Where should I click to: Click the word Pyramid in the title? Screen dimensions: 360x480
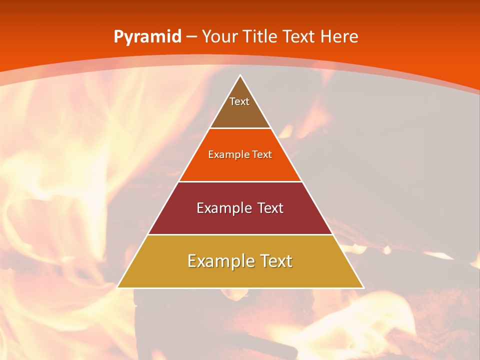147,37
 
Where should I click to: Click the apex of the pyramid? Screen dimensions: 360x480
240,76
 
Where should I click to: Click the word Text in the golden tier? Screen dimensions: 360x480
275,261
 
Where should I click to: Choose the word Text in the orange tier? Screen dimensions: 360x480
262,154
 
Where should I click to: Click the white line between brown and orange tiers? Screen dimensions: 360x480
240,128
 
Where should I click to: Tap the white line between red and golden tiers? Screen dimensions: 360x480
240,234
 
